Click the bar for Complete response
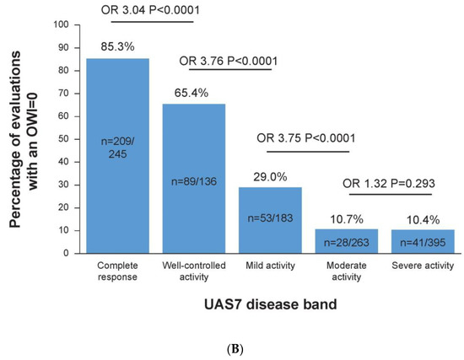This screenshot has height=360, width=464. point(118,155)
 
